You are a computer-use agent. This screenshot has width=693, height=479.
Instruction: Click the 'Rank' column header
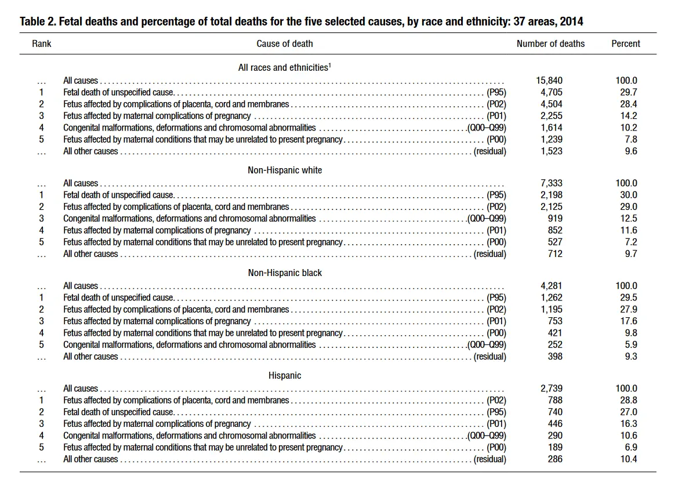42,43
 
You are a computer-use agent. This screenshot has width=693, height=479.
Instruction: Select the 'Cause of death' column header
284,43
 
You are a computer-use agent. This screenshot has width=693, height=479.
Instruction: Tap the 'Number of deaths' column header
550,43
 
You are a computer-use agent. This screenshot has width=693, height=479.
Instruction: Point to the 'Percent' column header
626,43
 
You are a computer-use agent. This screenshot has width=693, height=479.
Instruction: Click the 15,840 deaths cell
549,81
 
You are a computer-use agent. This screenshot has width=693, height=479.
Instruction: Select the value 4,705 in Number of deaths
551,92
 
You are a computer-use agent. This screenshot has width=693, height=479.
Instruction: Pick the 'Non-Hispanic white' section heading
285,170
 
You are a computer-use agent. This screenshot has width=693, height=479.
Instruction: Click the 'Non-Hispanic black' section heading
285,273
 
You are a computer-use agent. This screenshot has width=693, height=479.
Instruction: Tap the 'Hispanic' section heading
285,376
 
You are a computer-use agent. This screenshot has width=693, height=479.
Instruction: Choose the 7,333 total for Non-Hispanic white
551,183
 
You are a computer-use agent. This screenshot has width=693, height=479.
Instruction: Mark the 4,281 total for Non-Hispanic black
551,286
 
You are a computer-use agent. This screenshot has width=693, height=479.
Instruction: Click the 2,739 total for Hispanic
551,389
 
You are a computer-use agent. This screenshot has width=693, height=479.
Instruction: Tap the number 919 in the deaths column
555,219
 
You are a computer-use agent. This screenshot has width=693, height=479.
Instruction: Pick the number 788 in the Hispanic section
555,400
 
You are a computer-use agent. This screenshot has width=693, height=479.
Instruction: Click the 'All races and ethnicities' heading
283,68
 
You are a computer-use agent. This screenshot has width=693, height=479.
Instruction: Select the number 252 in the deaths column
555,344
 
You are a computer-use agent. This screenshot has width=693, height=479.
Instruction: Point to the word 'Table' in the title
32,22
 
